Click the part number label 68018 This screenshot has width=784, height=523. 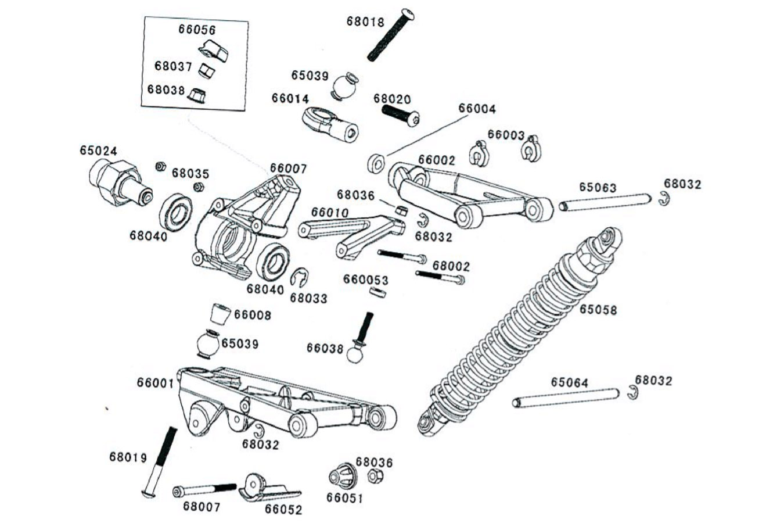(x=365, y=22)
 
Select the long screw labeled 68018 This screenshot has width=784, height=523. (x=391, y=34)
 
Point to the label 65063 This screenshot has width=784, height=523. (x=597, y=188)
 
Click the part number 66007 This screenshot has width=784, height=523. (x=288, y=169)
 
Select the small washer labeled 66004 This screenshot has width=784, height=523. (x=376, y=163)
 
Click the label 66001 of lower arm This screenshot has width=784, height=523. (x=155, y=383)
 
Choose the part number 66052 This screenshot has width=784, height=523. (x=283, y=510)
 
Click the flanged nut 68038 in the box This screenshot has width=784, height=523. (x=198, y=95)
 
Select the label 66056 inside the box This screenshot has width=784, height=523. (x=197, y=30)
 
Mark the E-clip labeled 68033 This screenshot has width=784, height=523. (x=299, y=277)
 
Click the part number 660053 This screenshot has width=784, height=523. (x=365, y=280)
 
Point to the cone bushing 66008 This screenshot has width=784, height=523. (x=219, y=314)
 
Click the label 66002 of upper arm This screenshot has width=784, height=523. (x=437, y=160)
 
